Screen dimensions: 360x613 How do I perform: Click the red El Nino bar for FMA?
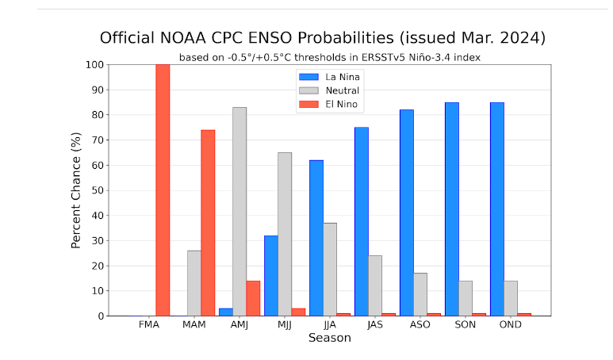tap(163, 190)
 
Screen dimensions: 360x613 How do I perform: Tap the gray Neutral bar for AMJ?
tap(239, 212)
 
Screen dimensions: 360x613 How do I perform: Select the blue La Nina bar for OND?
tap(496, 209)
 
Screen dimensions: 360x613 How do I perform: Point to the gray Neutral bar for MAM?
tap(193, 283)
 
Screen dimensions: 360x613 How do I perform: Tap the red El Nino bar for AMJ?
tap(253, 298)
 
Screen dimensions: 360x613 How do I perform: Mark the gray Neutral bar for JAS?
tap(374, 285)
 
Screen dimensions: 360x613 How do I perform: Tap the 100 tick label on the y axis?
tap(93, 65)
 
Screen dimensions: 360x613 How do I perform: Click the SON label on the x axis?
tap(465, 325)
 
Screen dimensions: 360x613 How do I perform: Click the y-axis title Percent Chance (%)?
tap(77, 190)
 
